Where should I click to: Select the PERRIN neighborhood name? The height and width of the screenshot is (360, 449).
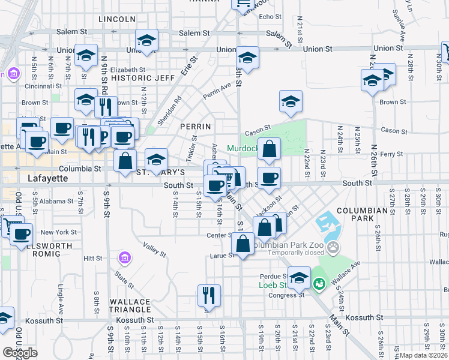(196, 127)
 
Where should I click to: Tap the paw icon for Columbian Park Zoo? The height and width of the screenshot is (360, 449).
(333, 248)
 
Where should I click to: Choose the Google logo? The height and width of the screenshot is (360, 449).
(20, 352)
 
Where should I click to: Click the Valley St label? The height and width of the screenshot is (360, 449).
(154, 249)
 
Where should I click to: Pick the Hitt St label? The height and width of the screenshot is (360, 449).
(94, 258)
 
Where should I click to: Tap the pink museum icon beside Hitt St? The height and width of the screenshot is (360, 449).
(125, 259)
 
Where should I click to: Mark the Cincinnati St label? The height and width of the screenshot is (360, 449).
(40, 86)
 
